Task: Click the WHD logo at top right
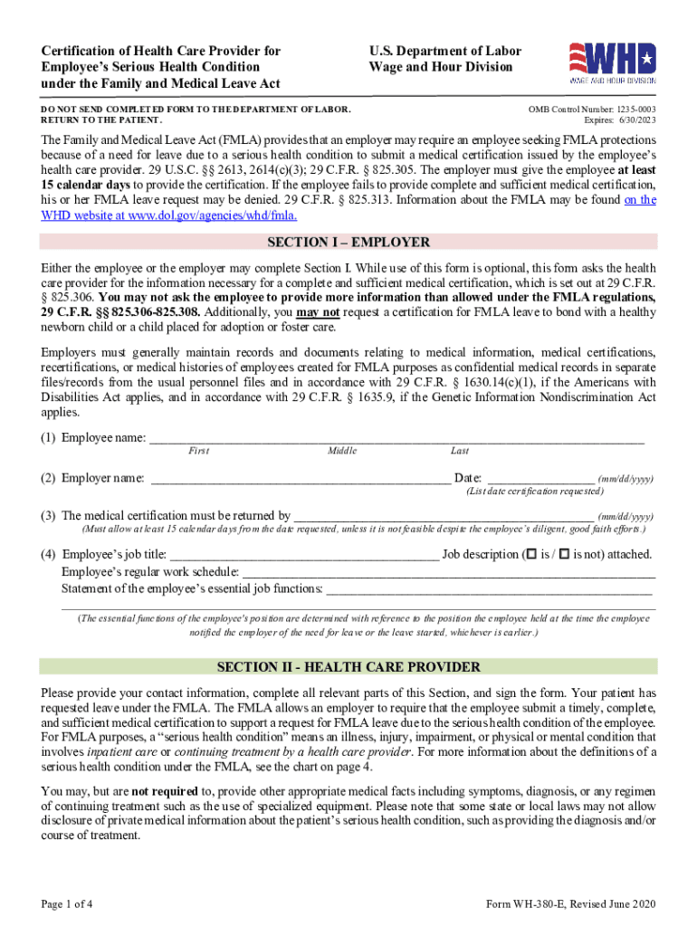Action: pos(611,64)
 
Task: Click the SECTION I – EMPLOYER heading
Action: pos(348,243)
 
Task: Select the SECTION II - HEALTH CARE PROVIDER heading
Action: pos(348,667)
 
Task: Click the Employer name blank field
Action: pos(300,478)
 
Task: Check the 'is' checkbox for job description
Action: pos(531,554)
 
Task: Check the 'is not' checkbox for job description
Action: pos(565,554)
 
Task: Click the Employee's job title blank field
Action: pos(304,554)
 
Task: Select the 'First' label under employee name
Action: pos(198,451)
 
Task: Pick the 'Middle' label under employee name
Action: pos(342,451)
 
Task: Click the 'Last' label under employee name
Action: pos(459,451)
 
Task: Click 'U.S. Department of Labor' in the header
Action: pos(444,52)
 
